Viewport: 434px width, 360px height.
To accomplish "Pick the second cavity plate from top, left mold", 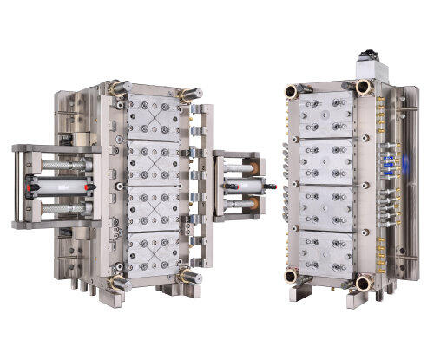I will [155, 161].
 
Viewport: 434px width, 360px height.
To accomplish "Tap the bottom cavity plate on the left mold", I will [155, 252].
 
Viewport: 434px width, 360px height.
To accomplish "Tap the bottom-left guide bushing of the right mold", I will [293, 277].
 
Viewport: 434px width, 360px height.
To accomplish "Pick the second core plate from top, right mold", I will [325, 161].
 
